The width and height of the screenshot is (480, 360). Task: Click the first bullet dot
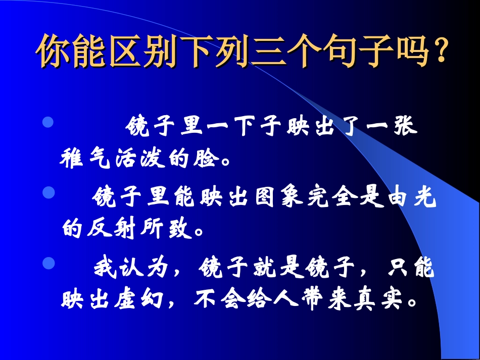[48, 123]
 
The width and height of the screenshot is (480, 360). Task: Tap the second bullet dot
[48, 192]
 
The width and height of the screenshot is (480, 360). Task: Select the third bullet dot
[48, 263]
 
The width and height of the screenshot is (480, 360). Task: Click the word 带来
[322, 299]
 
